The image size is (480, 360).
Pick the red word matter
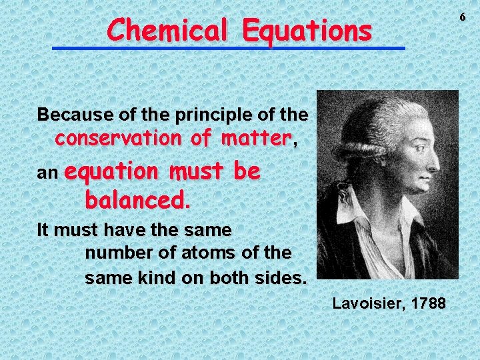coord(257,139)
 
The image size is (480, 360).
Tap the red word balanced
coord(138,199)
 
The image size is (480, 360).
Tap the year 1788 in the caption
coord(429,304)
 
